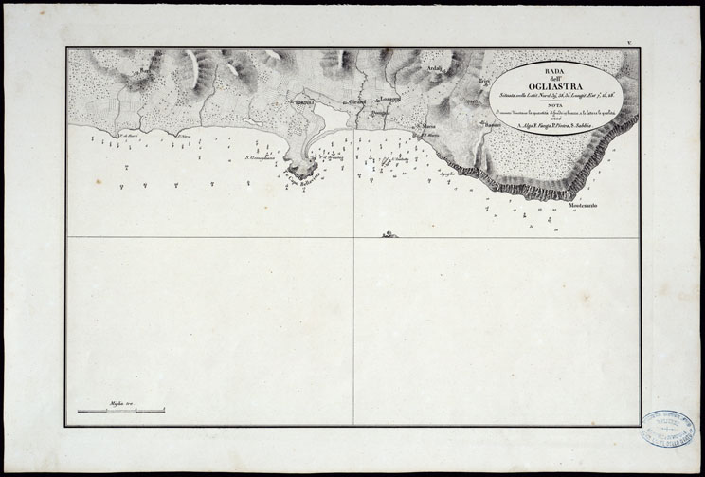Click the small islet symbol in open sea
pyautogui.click(x=389, y=233)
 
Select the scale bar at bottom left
pyautogui.click(x=120, y=411)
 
